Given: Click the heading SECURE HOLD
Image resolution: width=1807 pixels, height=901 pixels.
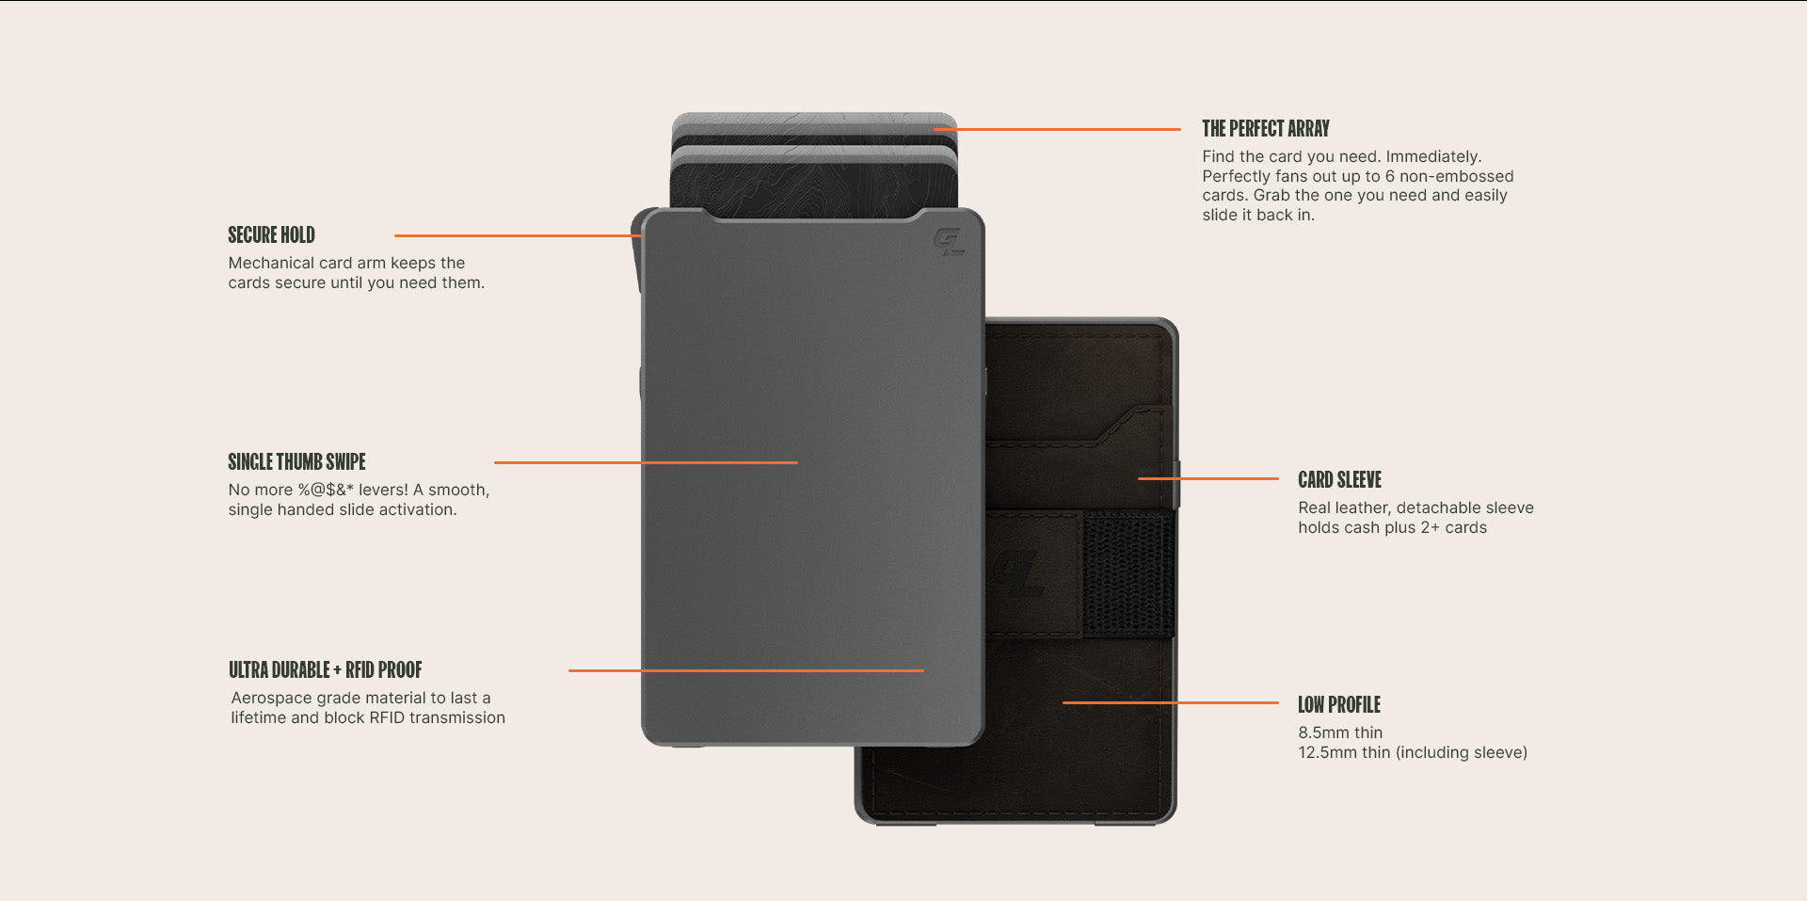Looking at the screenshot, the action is click(x=271, y=234).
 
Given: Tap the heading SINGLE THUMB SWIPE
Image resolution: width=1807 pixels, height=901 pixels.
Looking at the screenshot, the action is click(x=296, y=461).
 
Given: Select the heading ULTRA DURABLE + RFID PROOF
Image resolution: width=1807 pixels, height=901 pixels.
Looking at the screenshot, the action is click(x=326, y=669).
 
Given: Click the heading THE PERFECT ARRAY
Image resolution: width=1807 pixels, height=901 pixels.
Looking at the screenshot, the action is click(x=1266, y=128).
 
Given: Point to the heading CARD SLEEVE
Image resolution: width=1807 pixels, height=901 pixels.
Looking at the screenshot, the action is click(x=1339, y=479).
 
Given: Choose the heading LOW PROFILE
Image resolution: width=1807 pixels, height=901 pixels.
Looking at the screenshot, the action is click(x=1339, y=704).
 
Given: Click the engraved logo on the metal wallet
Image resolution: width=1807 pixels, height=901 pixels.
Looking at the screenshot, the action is click(x=949, y=242).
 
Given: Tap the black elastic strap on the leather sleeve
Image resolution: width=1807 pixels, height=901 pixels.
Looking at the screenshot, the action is click(x=1127, y=573).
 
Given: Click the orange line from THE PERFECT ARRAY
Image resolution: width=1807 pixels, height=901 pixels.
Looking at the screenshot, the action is click(x=1057, y=129).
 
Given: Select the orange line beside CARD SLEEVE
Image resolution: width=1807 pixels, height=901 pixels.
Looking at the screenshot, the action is click(x=1208, y=478).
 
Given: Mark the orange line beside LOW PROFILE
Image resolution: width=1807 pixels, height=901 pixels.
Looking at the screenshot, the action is click(x=1171, y=702).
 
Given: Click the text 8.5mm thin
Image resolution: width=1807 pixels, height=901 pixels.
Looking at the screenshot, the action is click(x=1340, y=732).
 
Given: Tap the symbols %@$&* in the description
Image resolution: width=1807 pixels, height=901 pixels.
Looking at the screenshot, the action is click(x=326, y=490).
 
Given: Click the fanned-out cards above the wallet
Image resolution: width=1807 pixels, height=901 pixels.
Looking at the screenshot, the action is click(x=814, y=165).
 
